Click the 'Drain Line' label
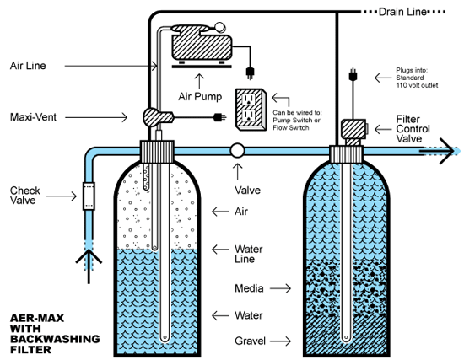coord(402,12)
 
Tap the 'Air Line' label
coord(28,66)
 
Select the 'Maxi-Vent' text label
coord(33,117)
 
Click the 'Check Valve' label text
coord(24,196)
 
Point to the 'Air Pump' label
coord(200,96)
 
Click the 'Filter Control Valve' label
coord(413,129)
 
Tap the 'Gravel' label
coord(250,341)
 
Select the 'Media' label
coord(249,288)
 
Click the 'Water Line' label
coord(249,254)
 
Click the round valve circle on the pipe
coord(237,151)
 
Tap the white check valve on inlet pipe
coord(89,196)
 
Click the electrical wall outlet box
coord(251,110)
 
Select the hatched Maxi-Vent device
coord(158,117)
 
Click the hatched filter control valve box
coord(353,129)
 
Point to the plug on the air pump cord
coord(250,73)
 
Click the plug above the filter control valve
coord(353,75)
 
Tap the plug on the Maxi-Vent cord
coord(219,117)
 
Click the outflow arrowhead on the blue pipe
coord(447,151)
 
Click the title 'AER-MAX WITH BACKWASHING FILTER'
coord(55,334)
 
